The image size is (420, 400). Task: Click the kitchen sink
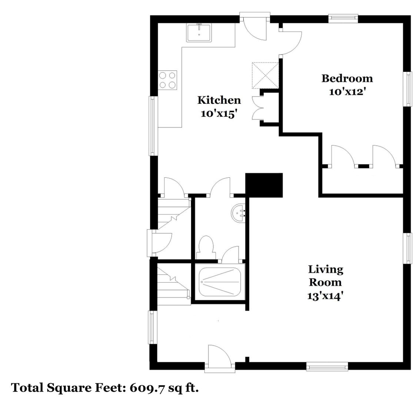point(199,33)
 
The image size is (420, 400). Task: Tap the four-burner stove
point(168,80)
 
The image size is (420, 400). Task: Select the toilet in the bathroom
point(206,247)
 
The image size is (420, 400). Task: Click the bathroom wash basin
point(238,213)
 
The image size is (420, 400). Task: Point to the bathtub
point(220,282)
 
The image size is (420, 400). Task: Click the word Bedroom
point(347,79)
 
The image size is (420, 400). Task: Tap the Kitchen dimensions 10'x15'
point(219,114)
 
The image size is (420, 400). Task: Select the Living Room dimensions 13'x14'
point(325,296)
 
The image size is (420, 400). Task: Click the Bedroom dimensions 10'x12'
point(347,92)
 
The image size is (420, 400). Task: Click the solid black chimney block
point(264,185)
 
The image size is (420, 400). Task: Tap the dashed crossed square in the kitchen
point(266,76)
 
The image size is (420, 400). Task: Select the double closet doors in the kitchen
point(258,108)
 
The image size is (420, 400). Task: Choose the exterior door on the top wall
point(255,26)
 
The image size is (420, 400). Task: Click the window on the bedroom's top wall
point(343,18)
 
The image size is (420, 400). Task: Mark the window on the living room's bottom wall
point(327,367)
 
